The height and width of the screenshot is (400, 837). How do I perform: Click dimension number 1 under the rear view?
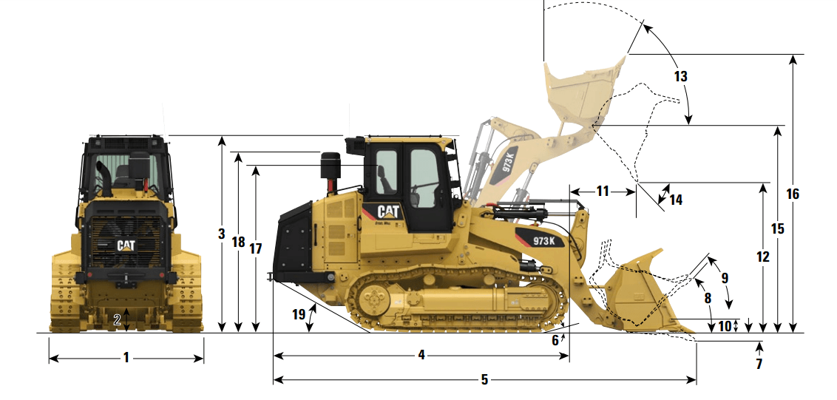126,358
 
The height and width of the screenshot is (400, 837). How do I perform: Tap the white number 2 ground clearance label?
117,320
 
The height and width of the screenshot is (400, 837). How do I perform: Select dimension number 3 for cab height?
222,234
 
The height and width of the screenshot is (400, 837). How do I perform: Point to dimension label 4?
421,355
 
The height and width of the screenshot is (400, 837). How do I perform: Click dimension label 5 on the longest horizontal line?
484,380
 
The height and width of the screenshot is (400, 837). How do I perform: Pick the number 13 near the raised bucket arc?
680,76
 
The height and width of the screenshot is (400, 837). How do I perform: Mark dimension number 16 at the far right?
793,194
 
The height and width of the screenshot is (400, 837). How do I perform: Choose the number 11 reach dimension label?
602,191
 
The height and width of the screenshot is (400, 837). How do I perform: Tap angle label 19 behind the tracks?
299,314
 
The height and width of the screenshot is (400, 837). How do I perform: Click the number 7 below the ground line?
759,365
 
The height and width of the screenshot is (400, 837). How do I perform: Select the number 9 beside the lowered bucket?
725,278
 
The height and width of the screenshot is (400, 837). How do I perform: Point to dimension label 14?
676,200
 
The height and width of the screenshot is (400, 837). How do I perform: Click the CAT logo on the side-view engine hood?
389,211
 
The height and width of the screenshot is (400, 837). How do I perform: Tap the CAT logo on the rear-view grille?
126,245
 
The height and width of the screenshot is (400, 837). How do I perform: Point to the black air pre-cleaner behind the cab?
331,166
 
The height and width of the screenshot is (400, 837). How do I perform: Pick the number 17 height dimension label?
256,249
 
